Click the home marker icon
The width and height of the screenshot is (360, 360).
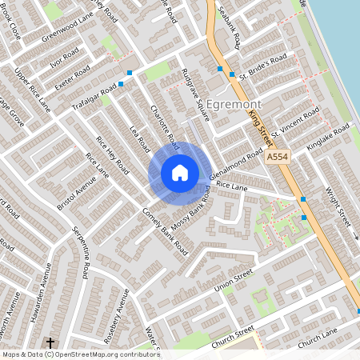coord(180,173)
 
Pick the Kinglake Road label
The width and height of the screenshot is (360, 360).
coord(328,135)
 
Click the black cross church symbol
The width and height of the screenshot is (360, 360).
coord(50,342)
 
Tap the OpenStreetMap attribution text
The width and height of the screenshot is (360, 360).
coord(70,354)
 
